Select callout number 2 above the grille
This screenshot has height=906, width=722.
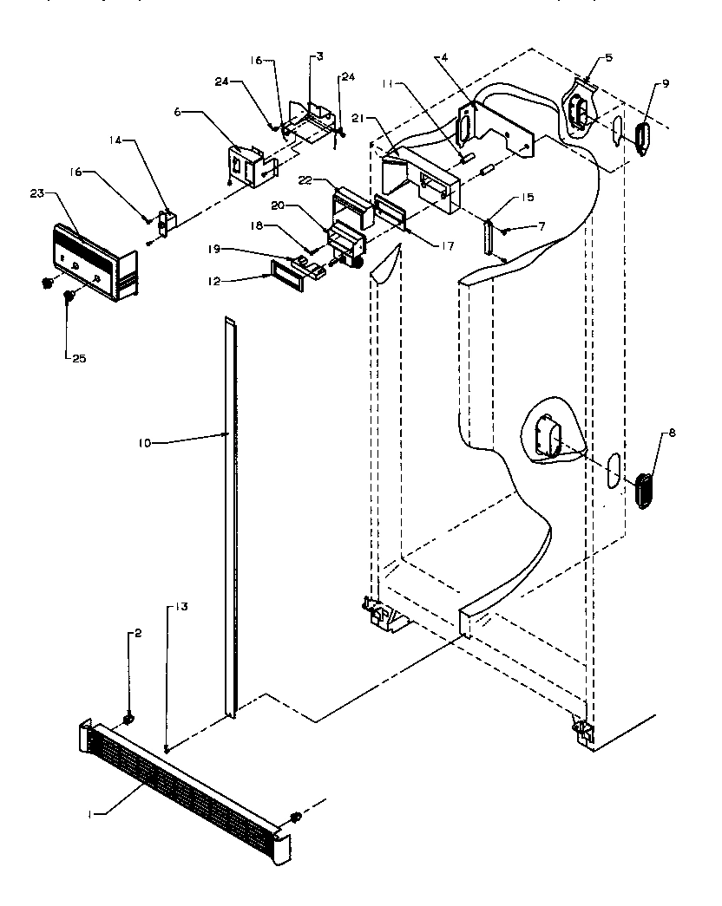click(x=134, y=635)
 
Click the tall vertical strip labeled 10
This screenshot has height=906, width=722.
click(x=231, y=520)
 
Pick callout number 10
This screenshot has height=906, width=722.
click(x=144, y=443)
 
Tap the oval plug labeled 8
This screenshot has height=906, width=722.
click(x=643, y=491)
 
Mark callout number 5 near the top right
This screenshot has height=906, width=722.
click(x=608, y=58)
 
